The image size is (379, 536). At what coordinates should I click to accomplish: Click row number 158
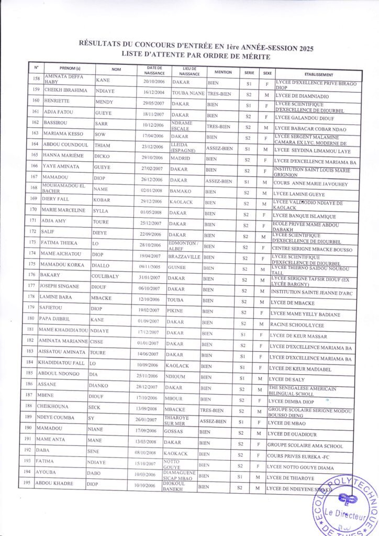(36, 80)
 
